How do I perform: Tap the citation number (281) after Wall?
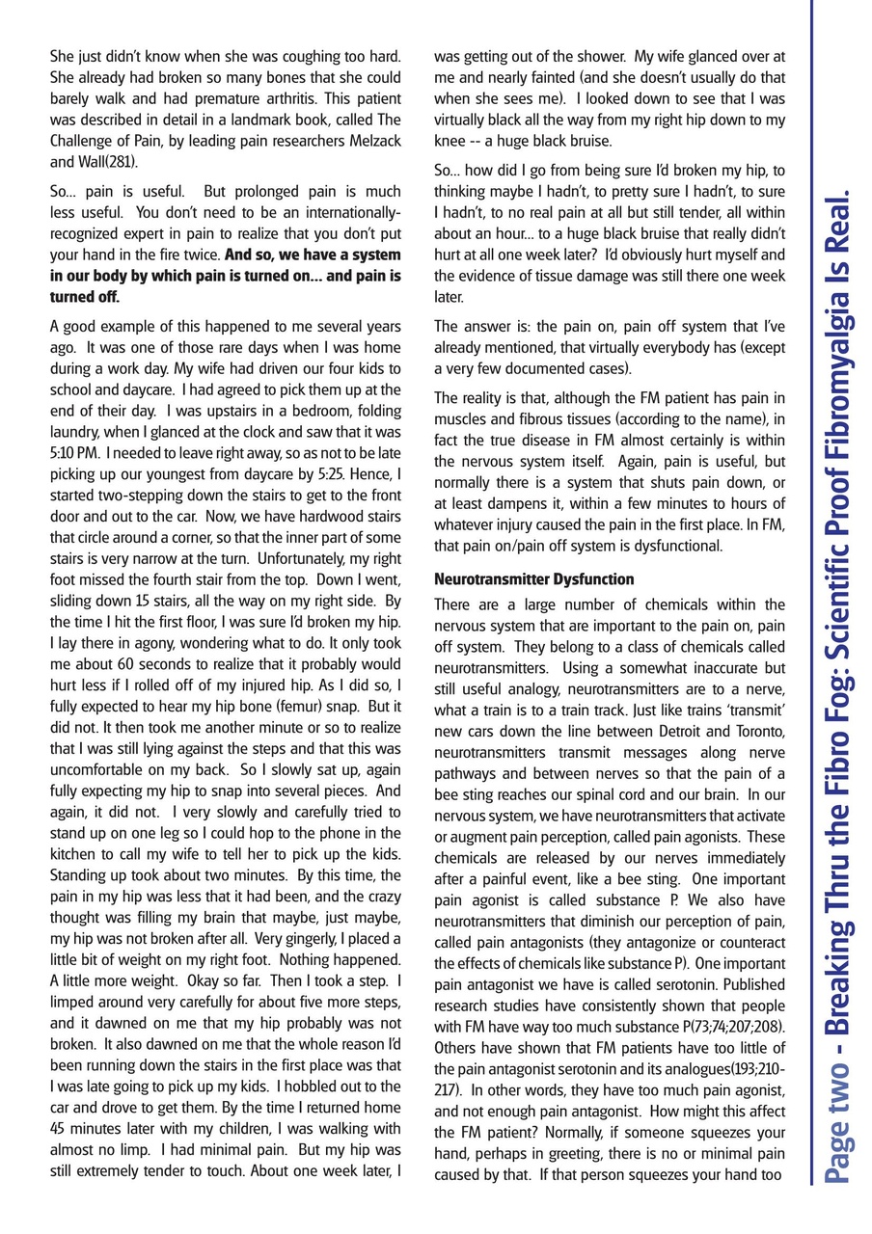tap(121, 161)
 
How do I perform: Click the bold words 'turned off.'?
tap(83, 296)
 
